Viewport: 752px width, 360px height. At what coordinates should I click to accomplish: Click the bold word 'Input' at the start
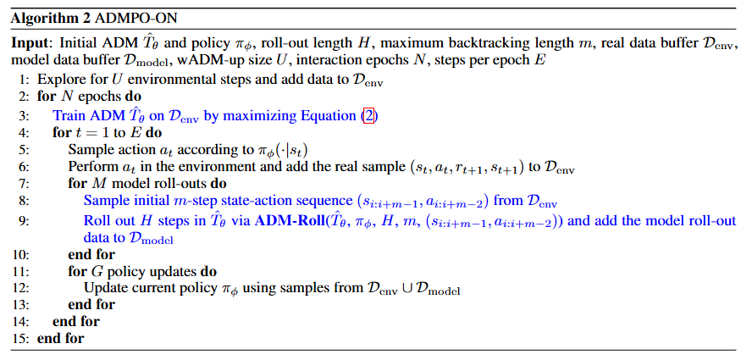click(29, 42)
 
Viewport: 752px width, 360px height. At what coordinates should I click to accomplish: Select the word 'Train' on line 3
click(68, 115)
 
